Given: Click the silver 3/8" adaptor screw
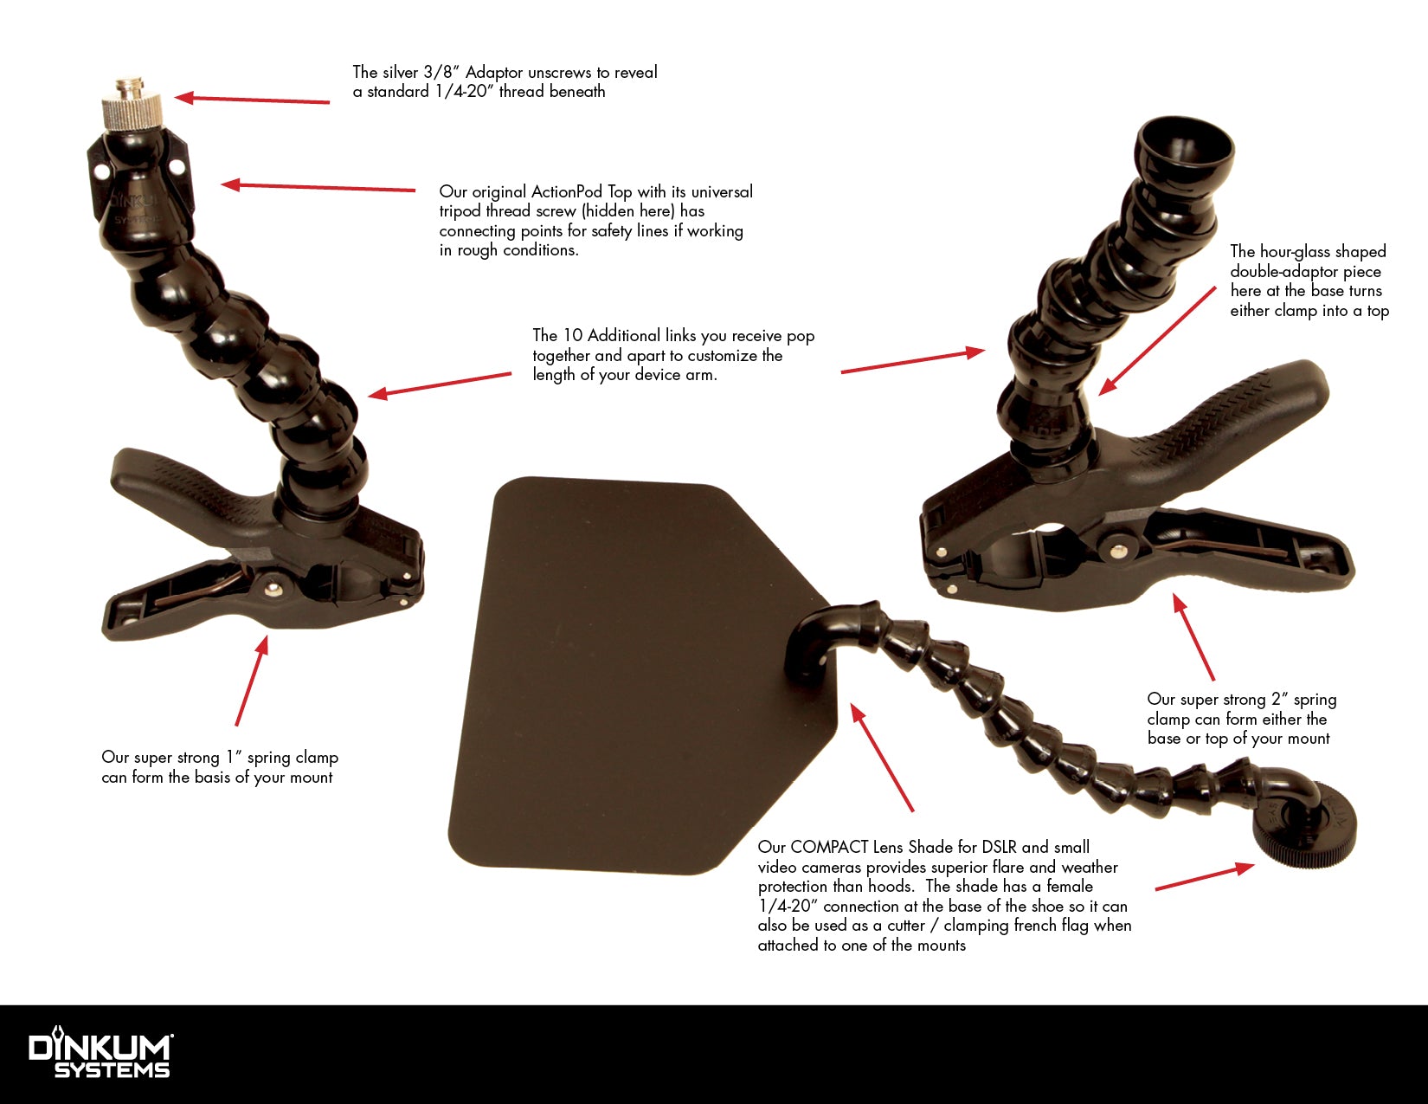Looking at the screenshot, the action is coord(132,107).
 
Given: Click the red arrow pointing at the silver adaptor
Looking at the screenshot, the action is coord(252,100).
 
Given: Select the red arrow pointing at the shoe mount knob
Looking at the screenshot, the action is coord(1205,877).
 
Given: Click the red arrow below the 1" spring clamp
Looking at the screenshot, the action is coord(252,681).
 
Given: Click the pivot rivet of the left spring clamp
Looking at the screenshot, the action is coord(273,587).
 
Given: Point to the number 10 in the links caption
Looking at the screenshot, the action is coord(573,335).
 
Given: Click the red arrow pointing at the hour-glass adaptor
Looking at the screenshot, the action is coord(1156,341).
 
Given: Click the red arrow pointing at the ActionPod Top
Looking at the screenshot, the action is coord(318,187).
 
